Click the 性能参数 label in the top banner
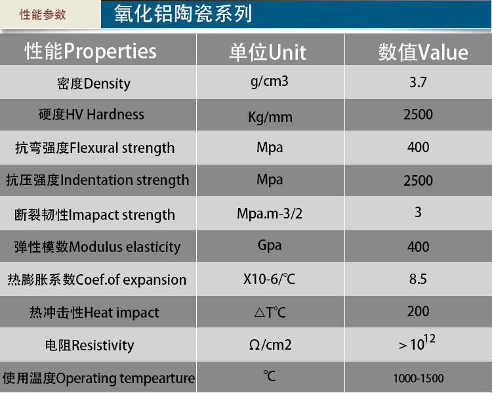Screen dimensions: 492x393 (43, 14)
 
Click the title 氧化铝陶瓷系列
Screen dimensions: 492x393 (183, 14)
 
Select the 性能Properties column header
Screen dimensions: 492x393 (91, 51)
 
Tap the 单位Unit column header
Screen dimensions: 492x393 (268, 52)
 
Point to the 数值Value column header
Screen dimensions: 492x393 (423, 52)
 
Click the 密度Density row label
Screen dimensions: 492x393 (94, 84)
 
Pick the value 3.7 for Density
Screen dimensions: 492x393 (418, 82)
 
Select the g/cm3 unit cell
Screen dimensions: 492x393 (269, 81)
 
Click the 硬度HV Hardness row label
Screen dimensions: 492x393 (91, 114)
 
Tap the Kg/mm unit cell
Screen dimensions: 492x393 (270, 117)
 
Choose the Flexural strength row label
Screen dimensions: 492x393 (94, 148)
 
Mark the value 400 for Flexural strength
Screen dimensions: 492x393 (419, 147)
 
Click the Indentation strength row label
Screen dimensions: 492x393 (97, 180)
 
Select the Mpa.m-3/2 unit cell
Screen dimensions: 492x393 (270, 214)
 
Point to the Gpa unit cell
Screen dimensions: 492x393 (270, 245)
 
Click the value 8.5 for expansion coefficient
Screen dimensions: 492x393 (418, 279)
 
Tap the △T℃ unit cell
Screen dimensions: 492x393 (270, 312)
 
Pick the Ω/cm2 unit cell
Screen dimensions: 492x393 (270, 344)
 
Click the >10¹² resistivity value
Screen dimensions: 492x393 (417, 342)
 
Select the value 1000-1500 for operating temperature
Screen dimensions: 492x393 (419, 379)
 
